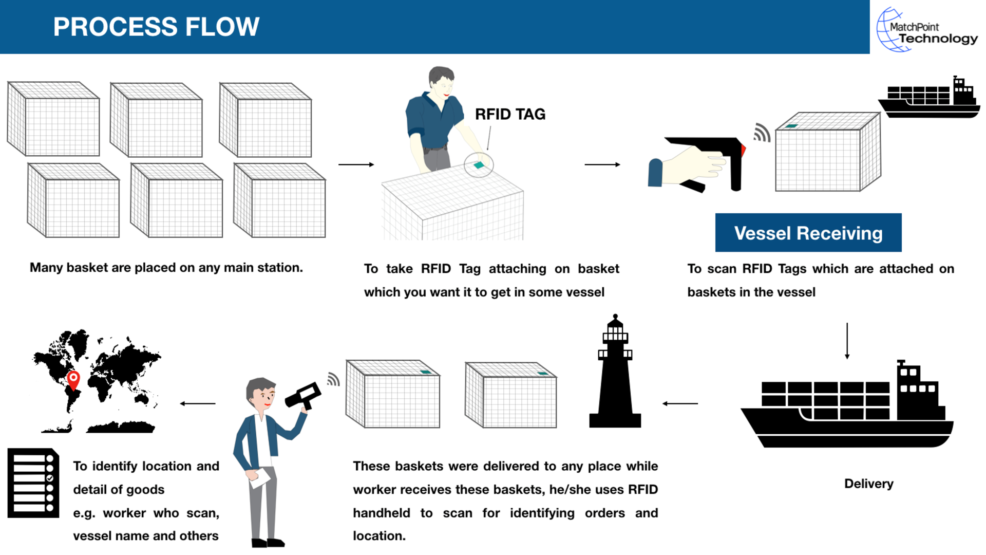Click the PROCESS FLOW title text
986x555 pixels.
[156, 27]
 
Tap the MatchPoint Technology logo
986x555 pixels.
[927, 30]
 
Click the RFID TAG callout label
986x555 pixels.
[509, 114]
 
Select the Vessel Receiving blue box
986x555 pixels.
[808, 233]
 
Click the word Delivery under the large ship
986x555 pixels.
[868, 484]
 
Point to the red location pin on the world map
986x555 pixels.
[74, 379]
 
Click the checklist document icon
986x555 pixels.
[33, 483]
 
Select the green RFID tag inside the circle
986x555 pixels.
[479, 165]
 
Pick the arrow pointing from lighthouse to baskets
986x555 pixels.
[680, 403]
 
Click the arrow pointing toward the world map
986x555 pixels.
[198, 403]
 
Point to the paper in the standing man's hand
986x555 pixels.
[259, 477]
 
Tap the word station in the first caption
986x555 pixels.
[282, 268]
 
